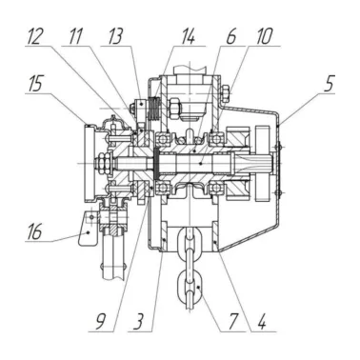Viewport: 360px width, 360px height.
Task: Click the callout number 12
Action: click(34, 36)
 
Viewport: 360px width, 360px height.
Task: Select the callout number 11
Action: click(75, 36)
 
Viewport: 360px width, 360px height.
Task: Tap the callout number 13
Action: click(115, 36)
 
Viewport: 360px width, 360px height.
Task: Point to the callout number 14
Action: click(188, 36)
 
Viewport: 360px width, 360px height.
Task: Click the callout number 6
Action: click(230, 36)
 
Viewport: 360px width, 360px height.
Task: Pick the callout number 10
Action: click(264, 36)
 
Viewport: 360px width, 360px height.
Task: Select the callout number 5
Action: click(329, 83)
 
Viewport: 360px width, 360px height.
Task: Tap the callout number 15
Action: click(35, 84)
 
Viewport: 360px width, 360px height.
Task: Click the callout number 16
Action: click(35, 231)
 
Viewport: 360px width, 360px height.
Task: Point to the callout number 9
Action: click(100, 322)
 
